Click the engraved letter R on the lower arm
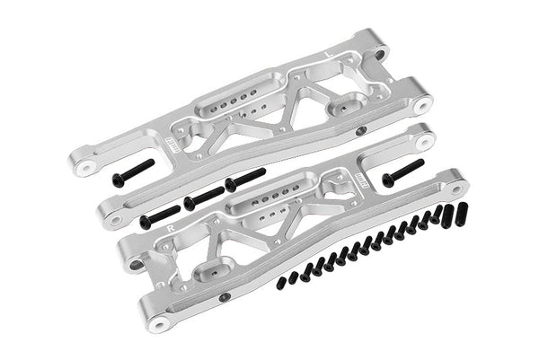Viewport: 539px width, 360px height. tap(171, 228)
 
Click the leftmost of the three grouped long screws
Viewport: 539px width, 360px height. tap(159, 215)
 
